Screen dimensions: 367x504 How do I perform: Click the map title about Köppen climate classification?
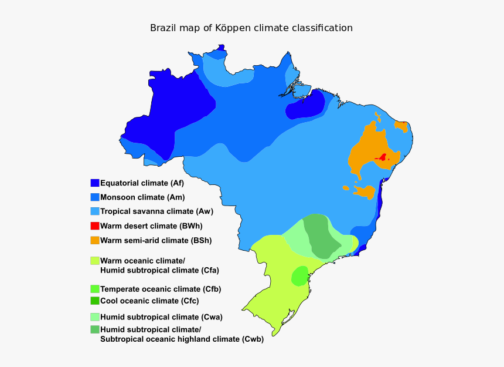[251, 28]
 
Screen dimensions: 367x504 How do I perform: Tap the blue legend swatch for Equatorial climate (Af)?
[94, 183]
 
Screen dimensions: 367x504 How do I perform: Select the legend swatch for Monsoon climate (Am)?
[94, 197]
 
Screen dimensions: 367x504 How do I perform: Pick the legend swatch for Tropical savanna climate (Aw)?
[94, 211]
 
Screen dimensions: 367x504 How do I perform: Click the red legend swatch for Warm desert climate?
[94, 225]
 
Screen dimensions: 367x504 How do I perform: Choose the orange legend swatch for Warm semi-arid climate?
[94, 240]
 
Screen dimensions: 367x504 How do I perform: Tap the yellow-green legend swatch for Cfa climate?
[94, 260]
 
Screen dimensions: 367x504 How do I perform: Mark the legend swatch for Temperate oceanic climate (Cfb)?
[94, 289]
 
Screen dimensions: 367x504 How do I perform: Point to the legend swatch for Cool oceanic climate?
[94, 301]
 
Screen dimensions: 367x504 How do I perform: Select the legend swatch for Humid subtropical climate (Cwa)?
[94, 317]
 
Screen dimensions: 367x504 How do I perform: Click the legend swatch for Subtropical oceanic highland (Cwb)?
[94, 329]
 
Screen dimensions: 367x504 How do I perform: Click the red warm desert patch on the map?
[382, 157]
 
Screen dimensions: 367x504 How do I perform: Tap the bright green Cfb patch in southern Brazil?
[299, 275]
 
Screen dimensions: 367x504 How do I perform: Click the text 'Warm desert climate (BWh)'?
[151, 225]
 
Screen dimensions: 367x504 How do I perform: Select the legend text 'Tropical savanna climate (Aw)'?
[156, 211]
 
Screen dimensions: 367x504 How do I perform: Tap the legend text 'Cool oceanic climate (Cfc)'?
[149, 301]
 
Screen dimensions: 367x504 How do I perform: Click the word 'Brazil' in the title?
[162, 28]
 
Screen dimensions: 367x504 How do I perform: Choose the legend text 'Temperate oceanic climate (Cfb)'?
[161, 289]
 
